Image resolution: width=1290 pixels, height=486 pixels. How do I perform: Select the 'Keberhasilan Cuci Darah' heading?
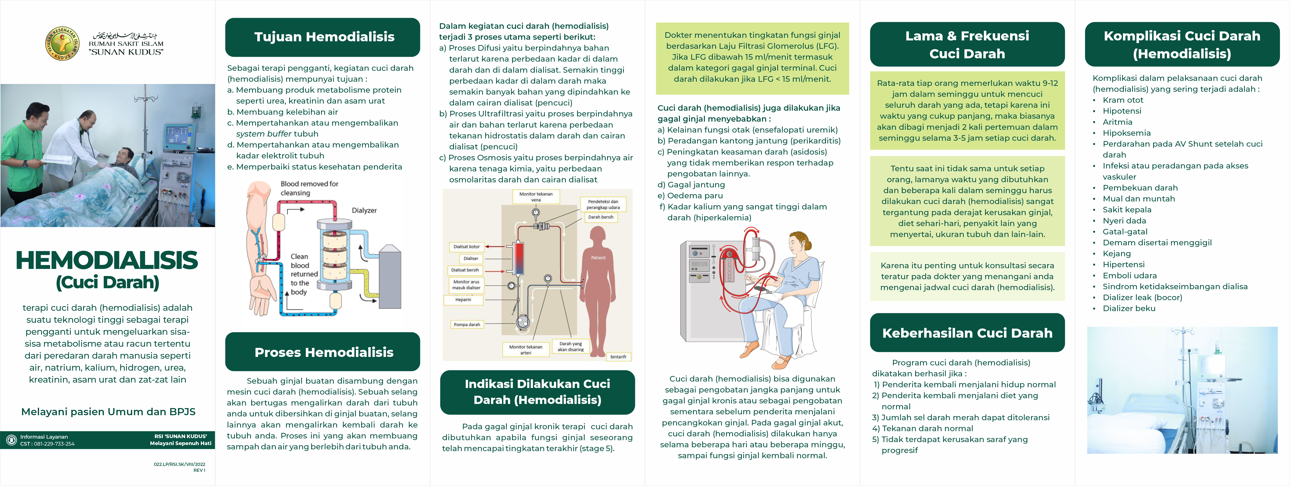click(x=967, y=333)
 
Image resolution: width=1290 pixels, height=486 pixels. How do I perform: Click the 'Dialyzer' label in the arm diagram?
click(x=364, y=210)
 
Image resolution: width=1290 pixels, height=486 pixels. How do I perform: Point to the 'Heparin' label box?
click(x=463, y=300)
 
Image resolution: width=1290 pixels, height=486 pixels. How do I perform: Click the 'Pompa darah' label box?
click(x=467, y=325)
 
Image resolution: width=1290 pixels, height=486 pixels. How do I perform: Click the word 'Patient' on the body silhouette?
click(x=598, y=257)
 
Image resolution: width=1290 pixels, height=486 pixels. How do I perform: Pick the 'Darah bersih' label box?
click(x=601, y=217)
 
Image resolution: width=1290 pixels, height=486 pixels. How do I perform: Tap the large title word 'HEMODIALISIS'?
click(x=107, y=261)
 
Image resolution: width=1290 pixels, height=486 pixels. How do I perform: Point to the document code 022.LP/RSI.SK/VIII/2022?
click(x=179, y=464)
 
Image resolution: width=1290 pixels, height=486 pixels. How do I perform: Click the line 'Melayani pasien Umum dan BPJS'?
click(x=108, y=412)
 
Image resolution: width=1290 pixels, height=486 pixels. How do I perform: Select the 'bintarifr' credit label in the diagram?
click(x=618, y=357)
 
